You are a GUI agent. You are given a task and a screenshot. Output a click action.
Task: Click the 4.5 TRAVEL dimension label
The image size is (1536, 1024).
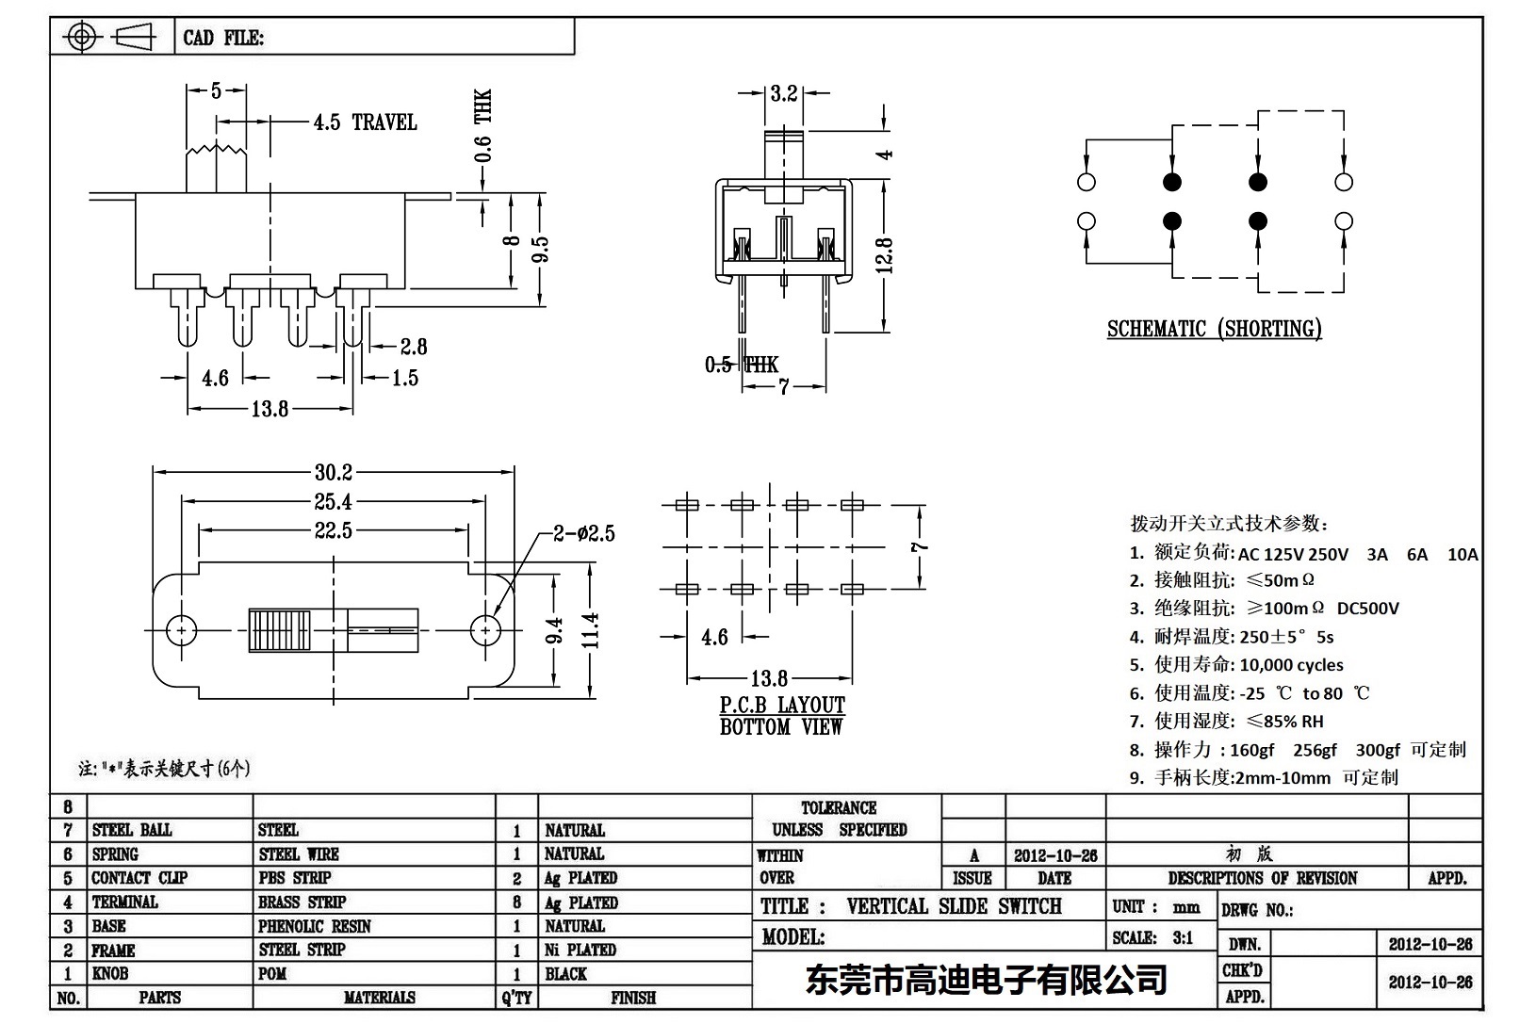365,122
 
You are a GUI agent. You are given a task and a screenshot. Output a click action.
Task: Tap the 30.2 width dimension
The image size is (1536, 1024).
334,472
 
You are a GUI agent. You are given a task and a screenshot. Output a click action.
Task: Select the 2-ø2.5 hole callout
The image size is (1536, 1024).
583,534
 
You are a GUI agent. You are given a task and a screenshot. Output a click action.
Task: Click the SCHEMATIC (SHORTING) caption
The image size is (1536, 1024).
1214,329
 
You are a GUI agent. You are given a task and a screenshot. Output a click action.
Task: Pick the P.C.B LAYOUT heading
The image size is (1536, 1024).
782,705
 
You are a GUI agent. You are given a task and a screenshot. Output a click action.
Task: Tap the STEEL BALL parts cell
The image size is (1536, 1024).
132,830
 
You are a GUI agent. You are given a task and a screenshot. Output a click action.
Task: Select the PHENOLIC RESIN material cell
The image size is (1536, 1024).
315,926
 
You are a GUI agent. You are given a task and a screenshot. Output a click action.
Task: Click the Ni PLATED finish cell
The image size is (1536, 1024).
580,950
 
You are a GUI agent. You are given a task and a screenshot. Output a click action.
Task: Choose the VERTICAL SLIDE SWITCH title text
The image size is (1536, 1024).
954,906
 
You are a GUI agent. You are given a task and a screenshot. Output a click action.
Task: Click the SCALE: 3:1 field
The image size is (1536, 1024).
1152,937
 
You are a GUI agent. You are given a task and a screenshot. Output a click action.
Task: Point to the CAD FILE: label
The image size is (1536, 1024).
223,39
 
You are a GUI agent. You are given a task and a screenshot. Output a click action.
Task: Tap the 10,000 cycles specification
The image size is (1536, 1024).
1291,665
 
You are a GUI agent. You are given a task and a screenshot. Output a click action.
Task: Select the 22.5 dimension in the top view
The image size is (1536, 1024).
334,531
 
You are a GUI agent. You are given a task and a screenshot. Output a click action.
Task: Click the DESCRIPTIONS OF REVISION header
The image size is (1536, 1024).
1262,878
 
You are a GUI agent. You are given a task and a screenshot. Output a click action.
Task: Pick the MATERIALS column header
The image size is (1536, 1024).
379,998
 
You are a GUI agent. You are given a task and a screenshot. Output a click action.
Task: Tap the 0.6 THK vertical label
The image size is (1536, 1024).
482,126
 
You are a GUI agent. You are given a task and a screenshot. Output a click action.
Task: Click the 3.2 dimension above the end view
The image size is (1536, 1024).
783,93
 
